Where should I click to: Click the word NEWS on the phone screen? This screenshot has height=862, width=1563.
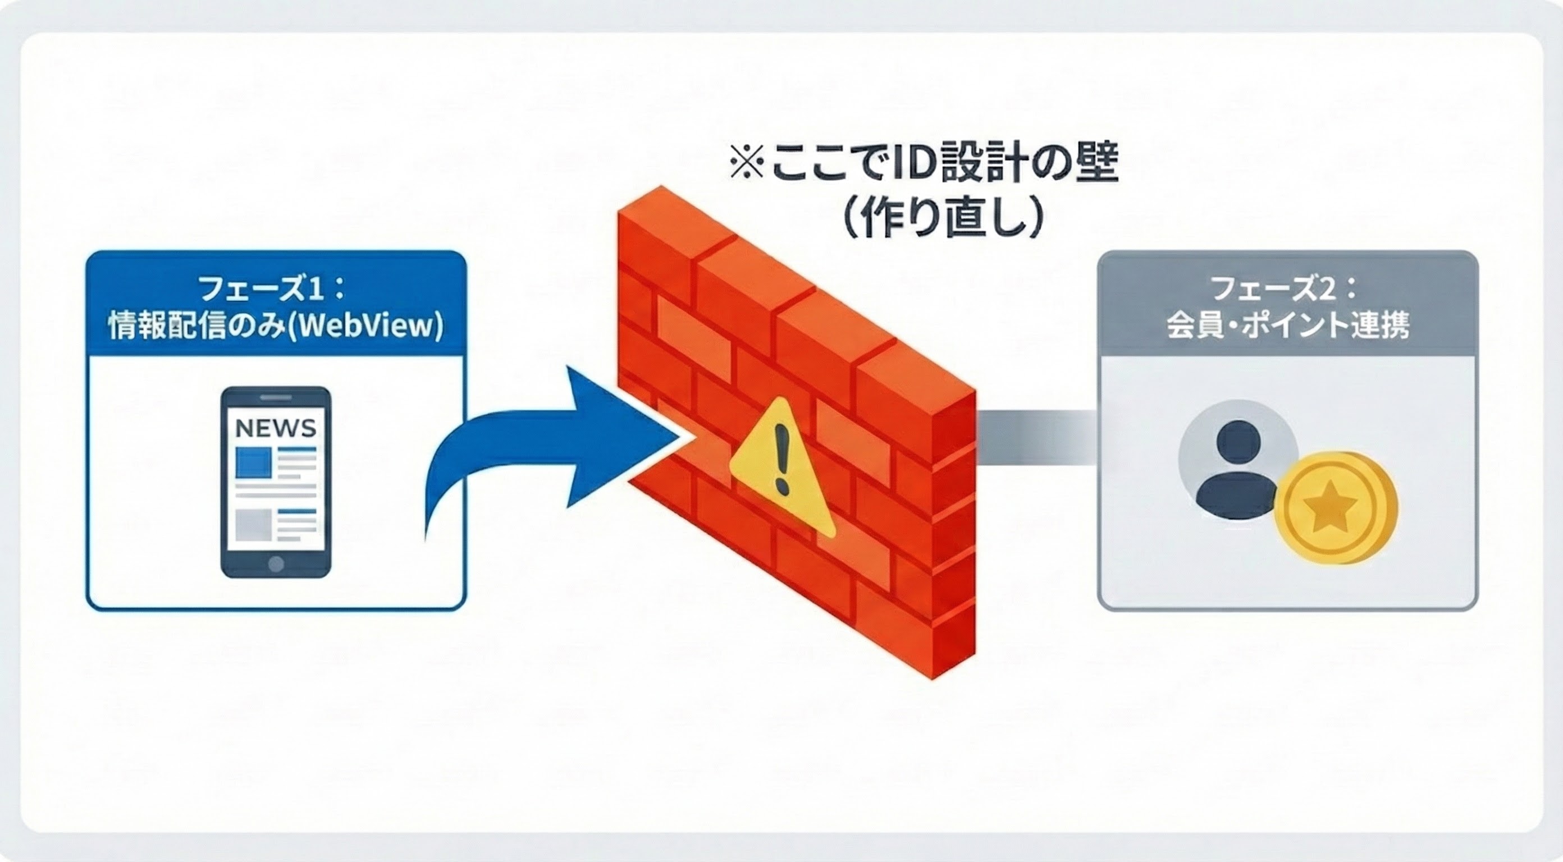[276, 428]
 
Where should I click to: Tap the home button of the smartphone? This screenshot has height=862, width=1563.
[276, 563]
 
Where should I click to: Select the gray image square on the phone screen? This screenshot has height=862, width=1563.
[253, 525]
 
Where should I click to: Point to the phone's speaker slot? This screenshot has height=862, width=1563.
[276, 398]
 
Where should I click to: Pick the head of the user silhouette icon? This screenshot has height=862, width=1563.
[1238, 442]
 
